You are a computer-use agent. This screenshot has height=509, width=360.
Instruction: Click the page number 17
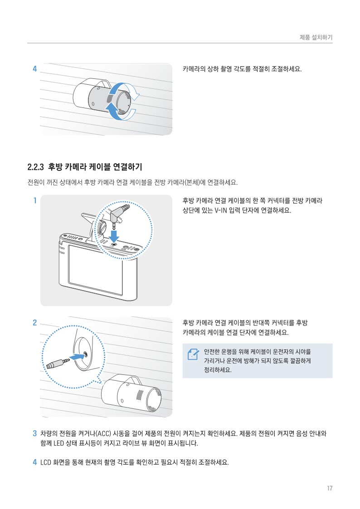click(330, 488)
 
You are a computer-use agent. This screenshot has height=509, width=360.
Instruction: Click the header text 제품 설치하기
click(316, 37)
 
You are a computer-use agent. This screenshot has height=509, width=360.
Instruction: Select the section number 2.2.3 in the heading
click(35, 167)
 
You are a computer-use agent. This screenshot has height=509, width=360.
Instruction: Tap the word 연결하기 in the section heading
click(127, 167)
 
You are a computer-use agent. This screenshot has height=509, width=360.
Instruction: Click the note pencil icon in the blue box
click(193, 354)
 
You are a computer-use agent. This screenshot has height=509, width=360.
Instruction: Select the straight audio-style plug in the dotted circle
click(58, 363)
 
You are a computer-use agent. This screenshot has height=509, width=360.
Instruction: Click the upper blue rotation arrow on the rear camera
click(123, 90)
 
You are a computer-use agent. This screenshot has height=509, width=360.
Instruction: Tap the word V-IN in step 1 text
click(221, 210)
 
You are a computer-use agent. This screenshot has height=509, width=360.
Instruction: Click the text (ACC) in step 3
click(103, 434)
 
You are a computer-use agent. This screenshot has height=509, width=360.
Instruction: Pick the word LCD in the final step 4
click(46, 462)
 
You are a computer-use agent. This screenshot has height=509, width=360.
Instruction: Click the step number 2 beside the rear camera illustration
click(35, 322)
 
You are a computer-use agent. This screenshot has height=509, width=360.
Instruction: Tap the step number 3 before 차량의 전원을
click(35, 433)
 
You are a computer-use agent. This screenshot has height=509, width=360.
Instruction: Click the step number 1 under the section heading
click(35, 200)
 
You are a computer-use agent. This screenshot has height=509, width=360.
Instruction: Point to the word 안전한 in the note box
click(212, 352)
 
